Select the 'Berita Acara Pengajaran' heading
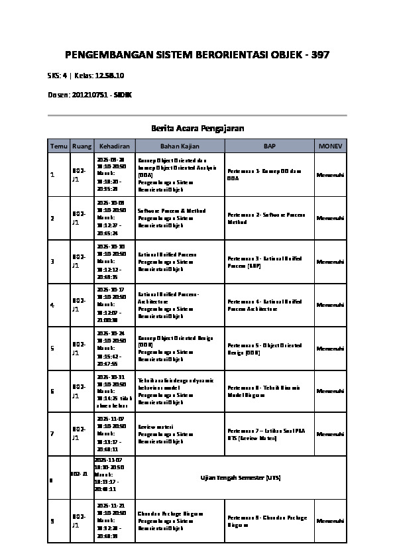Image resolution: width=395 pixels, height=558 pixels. click(197, 127)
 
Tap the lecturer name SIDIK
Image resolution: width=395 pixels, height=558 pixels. click(123, 95)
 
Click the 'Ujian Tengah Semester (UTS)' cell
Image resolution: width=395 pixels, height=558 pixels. click(241, 477)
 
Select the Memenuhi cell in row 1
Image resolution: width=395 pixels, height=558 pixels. click(330, 175)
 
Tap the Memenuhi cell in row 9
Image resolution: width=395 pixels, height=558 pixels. click(330, 521)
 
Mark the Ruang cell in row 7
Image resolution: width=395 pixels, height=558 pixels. click(78, 434)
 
